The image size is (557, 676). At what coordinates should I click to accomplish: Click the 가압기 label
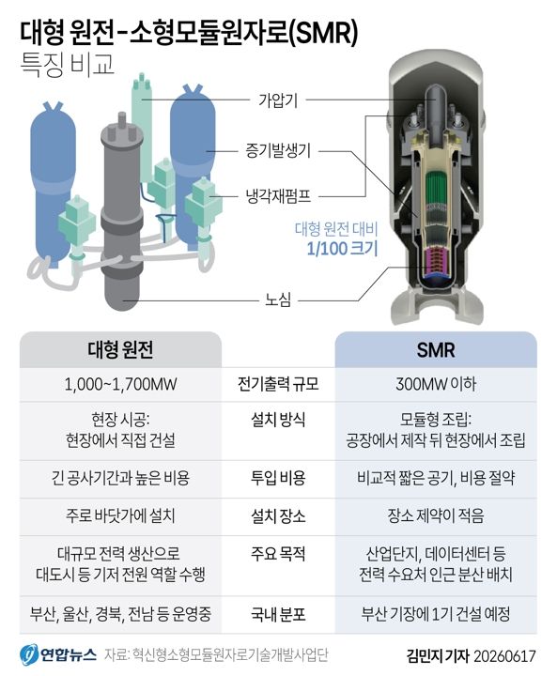pyautogui.click(x=278, y=100)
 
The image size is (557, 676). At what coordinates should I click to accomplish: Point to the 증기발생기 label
pyautogui.click(x=278, y=151)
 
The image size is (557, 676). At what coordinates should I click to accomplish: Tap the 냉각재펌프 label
pyautogui.click(x=278, y=196)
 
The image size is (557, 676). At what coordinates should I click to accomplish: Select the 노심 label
pyautogui.click(x=278, y=300)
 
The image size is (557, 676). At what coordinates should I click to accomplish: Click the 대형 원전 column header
pyautogui.click(x=120, y=349)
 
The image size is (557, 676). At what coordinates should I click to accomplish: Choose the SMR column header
pyautogui.click(x=436, y=350)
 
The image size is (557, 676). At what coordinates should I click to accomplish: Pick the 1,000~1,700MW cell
pyautogui.click(x=120, y=384)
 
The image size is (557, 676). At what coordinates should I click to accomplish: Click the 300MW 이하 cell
pyautogui.click(x=436, y=384)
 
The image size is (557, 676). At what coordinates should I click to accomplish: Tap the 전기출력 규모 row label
pyautogui.click(x=278, y=384)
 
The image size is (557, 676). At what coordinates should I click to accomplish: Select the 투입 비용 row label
pyautogui.click(x=278, y=478)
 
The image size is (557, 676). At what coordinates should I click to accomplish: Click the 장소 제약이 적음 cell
pyautogui.click(x=436, y=515)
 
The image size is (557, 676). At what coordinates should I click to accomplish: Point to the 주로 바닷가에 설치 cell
pyautogui.click(x=120, y=515)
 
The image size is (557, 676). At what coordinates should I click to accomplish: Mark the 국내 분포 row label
pyautogui.click(x=278, y=614)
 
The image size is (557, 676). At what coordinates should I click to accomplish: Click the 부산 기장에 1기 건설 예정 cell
pyautogui.click(x=436, y=614)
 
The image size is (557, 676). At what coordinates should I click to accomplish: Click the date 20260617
pyautogui.click(x=504, y=656)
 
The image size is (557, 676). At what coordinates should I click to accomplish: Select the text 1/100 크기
pyautogui.click(x=342, y=249)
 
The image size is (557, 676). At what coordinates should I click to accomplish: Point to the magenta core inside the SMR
pyautogui.click(x=436, y=262)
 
